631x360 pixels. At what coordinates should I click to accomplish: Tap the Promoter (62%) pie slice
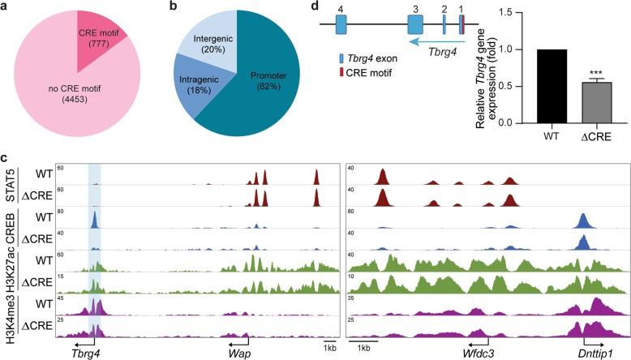click(x=268, y=89)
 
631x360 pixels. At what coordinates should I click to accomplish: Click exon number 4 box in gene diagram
click(x=341, y=24)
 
